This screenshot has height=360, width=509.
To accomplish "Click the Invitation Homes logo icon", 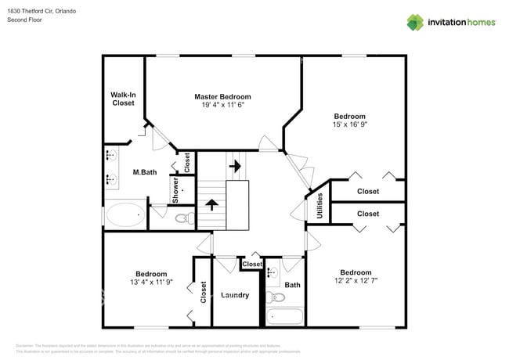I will (x=416, y=22).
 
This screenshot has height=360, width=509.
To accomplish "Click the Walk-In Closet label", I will (x=123, y=99).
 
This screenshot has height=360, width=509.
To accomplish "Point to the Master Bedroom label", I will (x=222, y=96).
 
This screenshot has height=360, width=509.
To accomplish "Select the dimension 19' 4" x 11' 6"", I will (x=222, y=104).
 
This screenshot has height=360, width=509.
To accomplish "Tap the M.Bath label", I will (x=142, y=172).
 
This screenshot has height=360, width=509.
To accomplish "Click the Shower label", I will (x=175, y=191).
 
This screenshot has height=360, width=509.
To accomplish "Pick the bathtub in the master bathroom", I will (x=125, y=214).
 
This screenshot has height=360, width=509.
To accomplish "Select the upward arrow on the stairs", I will (x=211, y=206).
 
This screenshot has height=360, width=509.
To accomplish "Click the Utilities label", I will (x=319, y=206).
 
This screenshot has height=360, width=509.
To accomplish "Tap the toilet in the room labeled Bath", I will (x=276, y=297).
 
